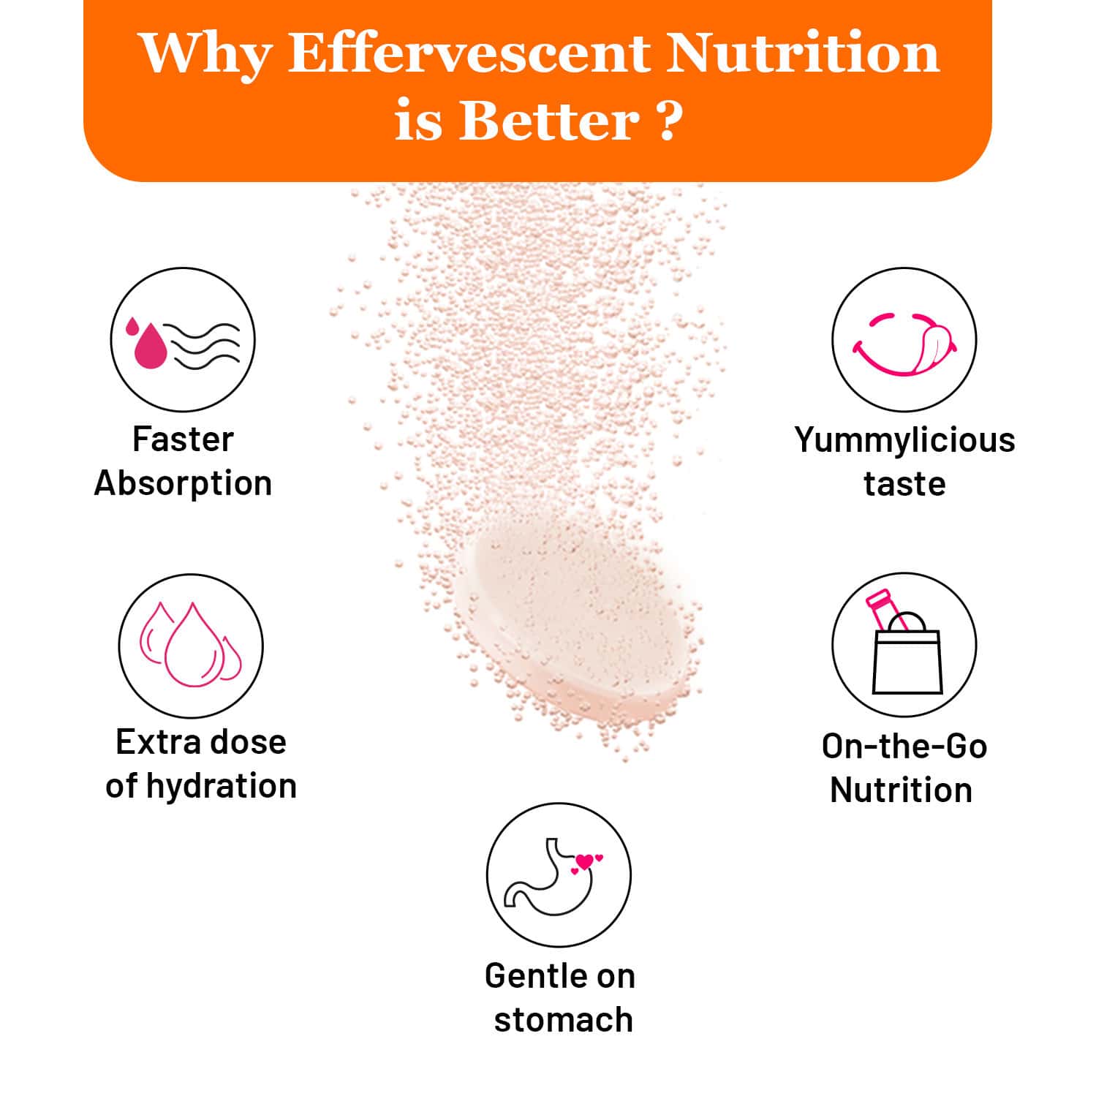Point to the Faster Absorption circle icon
click(183, 340)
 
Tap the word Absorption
click(183, 483)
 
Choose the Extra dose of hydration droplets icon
click(191, 646)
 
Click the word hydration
click(222, 786)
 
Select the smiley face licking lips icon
click(904, 340)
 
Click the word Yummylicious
click(904, 440)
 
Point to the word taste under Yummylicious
click(904, 484)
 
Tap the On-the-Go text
click(904, 747)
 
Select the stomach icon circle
click(559, 875)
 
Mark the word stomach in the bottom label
click(563, 1020)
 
